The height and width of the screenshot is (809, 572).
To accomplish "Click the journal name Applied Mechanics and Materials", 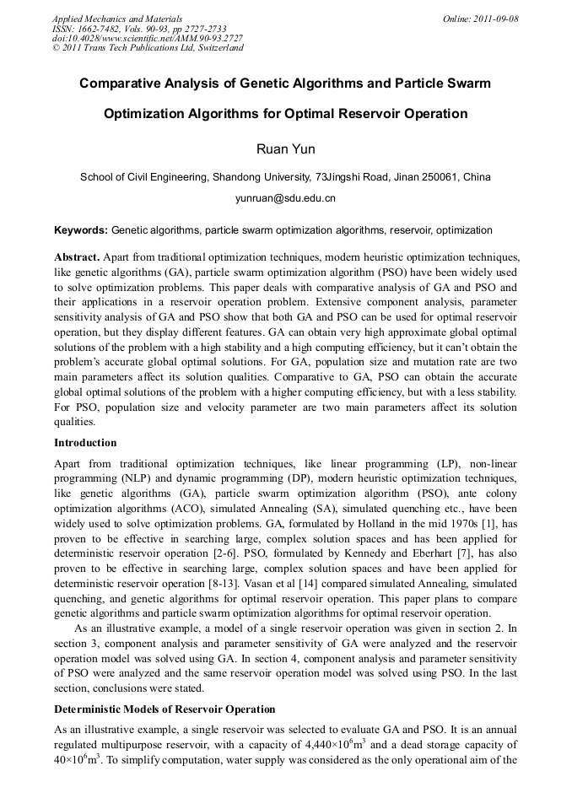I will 116,19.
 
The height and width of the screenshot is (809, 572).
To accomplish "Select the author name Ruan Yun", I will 285,149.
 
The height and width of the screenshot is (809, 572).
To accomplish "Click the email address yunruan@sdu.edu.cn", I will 285,198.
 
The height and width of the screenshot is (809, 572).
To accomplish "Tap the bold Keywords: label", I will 81,229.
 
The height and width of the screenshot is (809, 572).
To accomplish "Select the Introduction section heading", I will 85,443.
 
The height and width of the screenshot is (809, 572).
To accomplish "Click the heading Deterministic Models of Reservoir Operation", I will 165,709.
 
